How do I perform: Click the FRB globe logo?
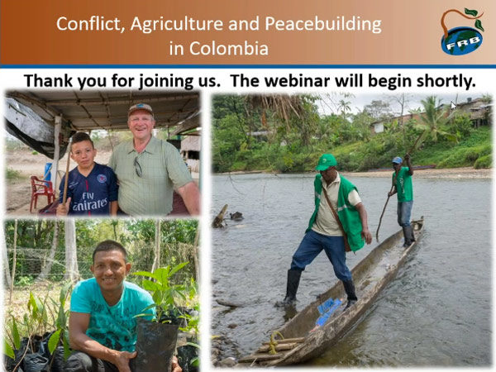tap(462, 31)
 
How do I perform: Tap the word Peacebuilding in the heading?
tap(323, 24)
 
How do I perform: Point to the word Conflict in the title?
tap(91, 23)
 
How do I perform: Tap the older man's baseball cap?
tap(141, 108)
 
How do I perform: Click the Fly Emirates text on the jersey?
tap(89, 201)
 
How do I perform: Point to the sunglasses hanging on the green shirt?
tap(138, 166)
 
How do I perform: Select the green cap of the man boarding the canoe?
tap(327, 162)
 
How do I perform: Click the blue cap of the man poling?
tap(397, 160)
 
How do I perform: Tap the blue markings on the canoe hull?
tap(327, 312)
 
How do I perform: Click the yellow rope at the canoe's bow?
tap(274, 341)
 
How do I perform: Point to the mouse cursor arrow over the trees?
tap(454, 106)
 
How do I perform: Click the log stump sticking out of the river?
tap(220, 217)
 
